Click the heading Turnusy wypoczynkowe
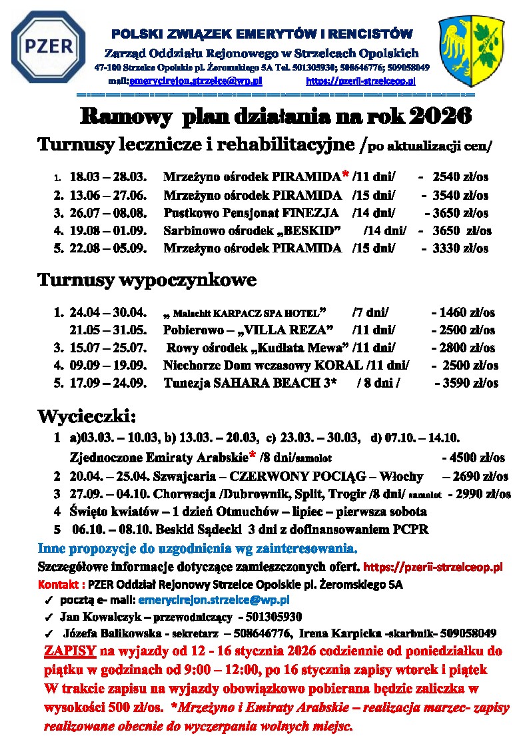(147, 280)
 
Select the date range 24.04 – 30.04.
(107, 312)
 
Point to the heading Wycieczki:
(87, 416)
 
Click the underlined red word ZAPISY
(70, 651)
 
